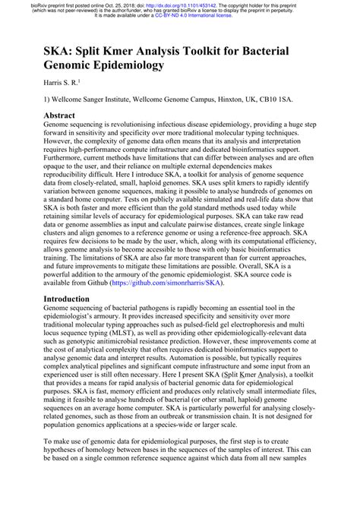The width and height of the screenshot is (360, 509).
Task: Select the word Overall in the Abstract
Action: [261, 272]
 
